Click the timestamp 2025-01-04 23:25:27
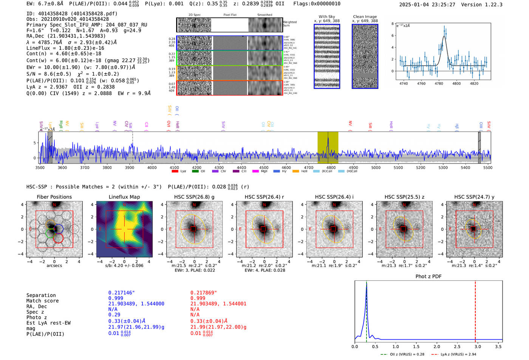[427, 5]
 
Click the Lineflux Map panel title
[124, 197]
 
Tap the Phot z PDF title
[428, 277]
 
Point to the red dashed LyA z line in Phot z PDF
[475, 310]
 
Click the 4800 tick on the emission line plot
[456, 83]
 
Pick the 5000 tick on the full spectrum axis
[376, 167]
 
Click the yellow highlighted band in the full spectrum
[327, 147]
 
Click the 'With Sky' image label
[326, 17]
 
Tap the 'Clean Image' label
[365, 17]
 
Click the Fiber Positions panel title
[54, 197]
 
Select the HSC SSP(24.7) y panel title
[474, 197]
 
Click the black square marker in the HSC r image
[264, 229]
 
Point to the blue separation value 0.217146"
[121, 293]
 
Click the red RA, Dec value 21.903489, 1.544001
[218, 304]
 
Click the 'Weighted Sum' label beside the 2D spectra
[289, 23]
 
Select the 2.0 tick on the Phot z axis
[436, 346]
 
